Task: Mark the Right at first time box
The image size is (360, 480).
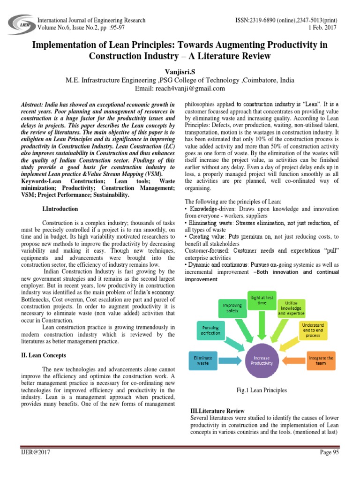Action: (262, 300)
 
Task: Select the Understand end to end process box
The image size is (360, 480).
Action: (315, 330)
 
